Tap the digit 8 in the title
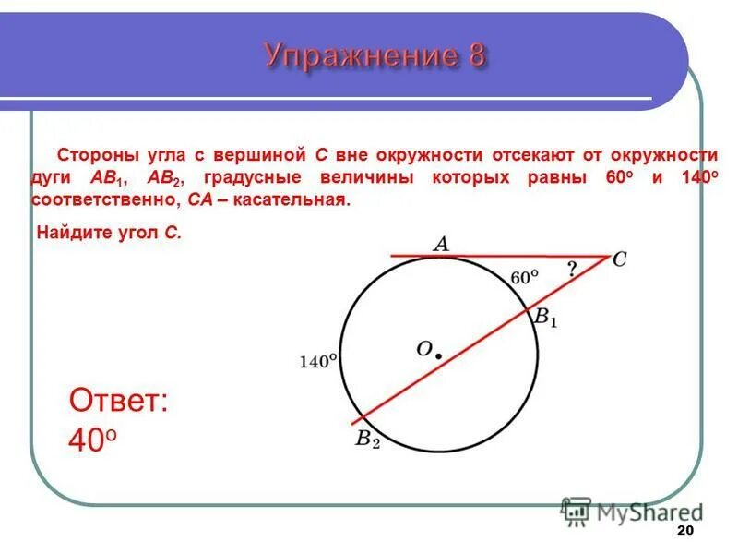pos(475,56)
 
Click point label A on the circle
pos(441,244)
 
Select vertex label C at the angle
pos(619,260)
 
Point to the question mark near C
pos(572,270)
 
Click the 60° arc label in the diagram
pos(523,277)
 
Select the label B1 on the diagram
pos(545,318)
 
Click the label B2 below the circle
pos(367,440)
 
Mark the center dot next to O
pos(439,355)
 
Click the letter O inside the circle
pos(423,348)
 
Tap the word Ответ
pos(118,402)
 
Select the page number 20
pos(684,531)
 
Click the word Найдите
pos(70,233)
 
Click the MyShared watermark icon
pos(576,511)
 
